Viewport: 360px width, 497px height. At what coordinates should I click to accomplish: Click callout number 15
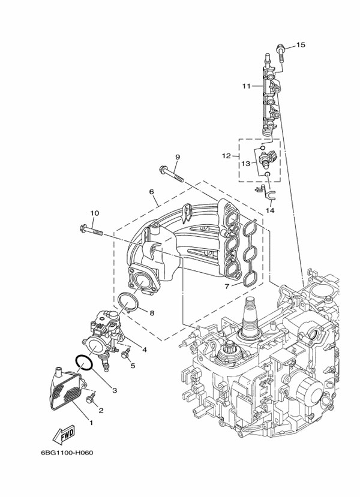coord(301,45)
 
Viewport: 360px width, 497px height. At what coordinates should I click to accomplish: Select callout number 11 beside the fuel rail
coord(247,86)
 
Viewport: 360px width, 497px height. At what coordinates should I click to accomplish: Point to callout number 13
coord(246,163)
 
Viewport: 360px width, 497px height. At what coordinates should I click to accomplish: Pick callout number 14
coord(270,210)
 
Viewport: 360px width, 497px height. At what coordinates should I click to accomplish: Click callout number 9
coord(178,157)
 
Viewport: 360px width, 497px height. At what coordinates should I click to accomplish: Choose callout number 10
coord(94,213)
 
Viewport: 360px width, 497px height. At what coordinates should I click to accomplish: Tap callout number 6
coord(152,192)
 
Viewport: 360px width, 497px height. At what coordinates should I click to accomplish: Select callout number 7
coord(227,287)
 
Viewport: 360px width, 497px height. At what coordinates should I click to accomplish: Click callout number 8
coord(152,312)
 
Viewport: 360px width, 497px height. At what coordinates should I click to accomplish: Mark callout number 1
coord(91,422)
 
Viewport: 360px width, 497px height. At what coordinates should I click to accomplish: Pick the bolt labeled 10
coord(90,229)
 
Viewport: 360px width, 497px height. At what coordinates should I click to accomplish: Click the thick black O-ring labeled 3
coord(83,362)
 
